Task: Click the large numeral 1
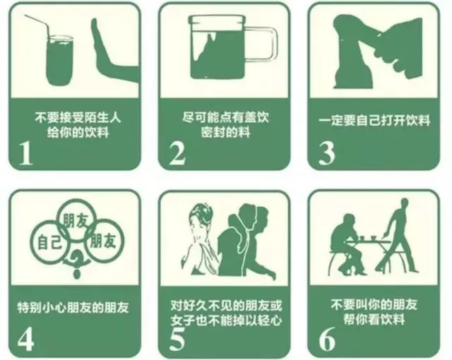point(26,154)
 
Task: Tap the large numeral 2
point(177,154)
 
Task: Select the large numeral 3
point(326,153)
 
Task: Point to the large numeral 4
point(25,339)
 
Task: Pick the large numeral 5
point(177,339)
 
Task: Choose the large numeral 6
point(327,339)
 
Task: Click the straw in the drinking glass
point(38,27)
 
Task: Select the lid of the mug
point(217,20)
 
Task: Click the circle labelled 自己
point(49,242)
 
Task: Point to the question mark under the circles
point(77,263)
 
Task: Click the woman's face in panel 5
point(200,224)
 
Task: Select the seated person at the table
point(346,245)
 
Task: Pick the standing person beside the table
point(398,236)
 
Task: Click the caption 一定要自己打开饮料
point(374,121)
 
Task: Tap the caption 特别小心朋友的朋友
point(73,308)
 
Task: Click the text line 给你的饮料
point(78,133)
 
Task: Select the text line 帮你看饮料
point(374,320)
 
